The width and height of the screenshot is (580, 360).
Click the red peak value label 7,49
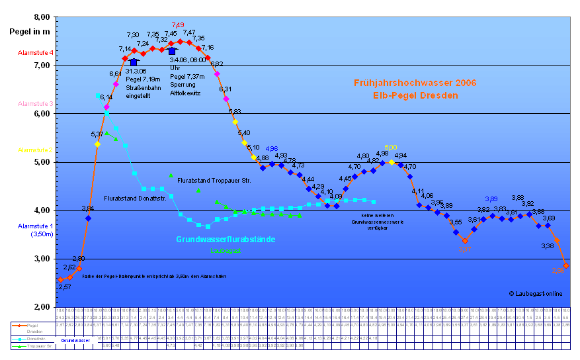point(177,25)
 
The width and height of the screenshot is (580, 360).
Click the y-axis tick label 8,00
point(42,17)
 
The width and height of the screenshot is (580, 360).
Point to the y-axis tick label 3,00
point(42,259)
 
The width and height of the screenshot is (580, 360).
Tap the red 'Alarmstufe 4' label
point(36,52)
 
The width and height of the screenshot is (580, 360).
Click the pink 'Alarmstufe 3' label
point(36,104)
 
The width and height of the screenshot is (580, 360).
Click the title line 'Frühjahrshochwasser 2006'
point(415,83)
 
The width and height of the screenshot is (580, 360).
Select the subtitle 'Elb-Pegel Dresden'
point(415,95)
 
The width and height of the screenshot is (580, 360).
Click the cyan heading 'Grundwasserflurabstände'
point(226,239)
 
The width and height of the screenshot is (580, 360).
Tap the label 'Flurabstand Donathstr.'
point(135,198)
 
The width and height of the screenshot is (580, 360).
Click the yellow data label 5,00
point(390,148)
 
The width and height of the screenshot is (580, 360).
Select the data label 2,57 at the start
point(63,287)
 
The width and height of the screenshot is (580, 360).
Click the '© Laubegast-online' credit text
point(536,293)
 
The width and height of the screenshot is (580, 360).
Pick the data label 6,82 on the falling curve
point(216,64)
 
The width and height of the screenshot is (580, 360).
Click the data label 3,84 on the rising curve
point(87,208)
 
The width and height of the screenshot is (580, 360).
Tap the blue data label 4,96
point(271,149)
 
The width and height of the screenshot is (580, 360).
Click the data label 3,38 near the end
point(547,246)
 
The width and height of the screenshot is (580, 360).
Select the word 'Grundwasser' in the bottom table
point(75,340)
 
